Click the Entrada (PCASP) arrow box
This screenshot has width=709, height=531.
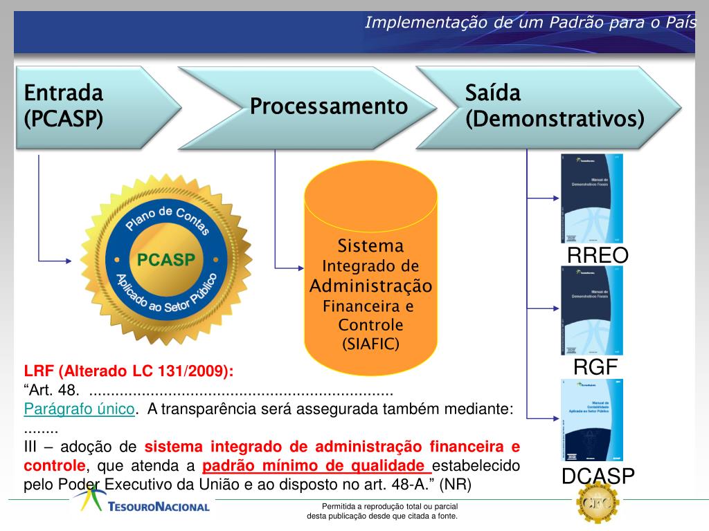pos(90,107)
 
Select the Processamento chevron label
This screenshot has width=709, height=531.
pos(328,107)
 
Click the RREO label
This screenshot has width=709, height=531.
pos(598,256)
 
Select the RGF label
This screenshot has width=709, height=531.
pos(595,367)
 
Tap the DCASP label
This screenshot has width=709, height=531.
pos(598,476)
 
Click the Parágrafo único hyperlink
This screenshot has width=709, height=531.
pos(79,409)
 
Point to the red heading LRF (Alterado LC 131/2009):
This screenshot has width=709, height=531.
pos(129,371)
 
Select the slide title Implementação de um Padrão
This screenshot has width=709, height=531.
pos(530,22)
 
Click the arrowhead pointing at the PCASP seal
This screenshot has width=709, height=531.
pos(68,261)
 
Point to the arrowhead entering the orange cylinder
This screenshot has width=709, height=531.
pos(300,267)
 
